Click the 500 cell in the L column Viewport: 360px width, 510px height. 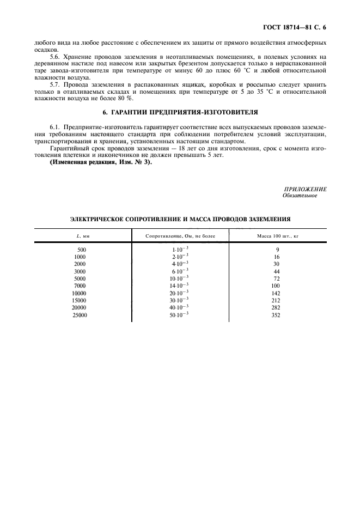pyautogui.click(x=82, y=249)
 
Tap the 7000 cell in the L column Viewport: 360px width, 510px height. pyautogui.click(x=81, y=286)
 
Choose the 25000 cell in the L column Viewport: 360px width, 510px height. pyautogui.click(x=80, y=315)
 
